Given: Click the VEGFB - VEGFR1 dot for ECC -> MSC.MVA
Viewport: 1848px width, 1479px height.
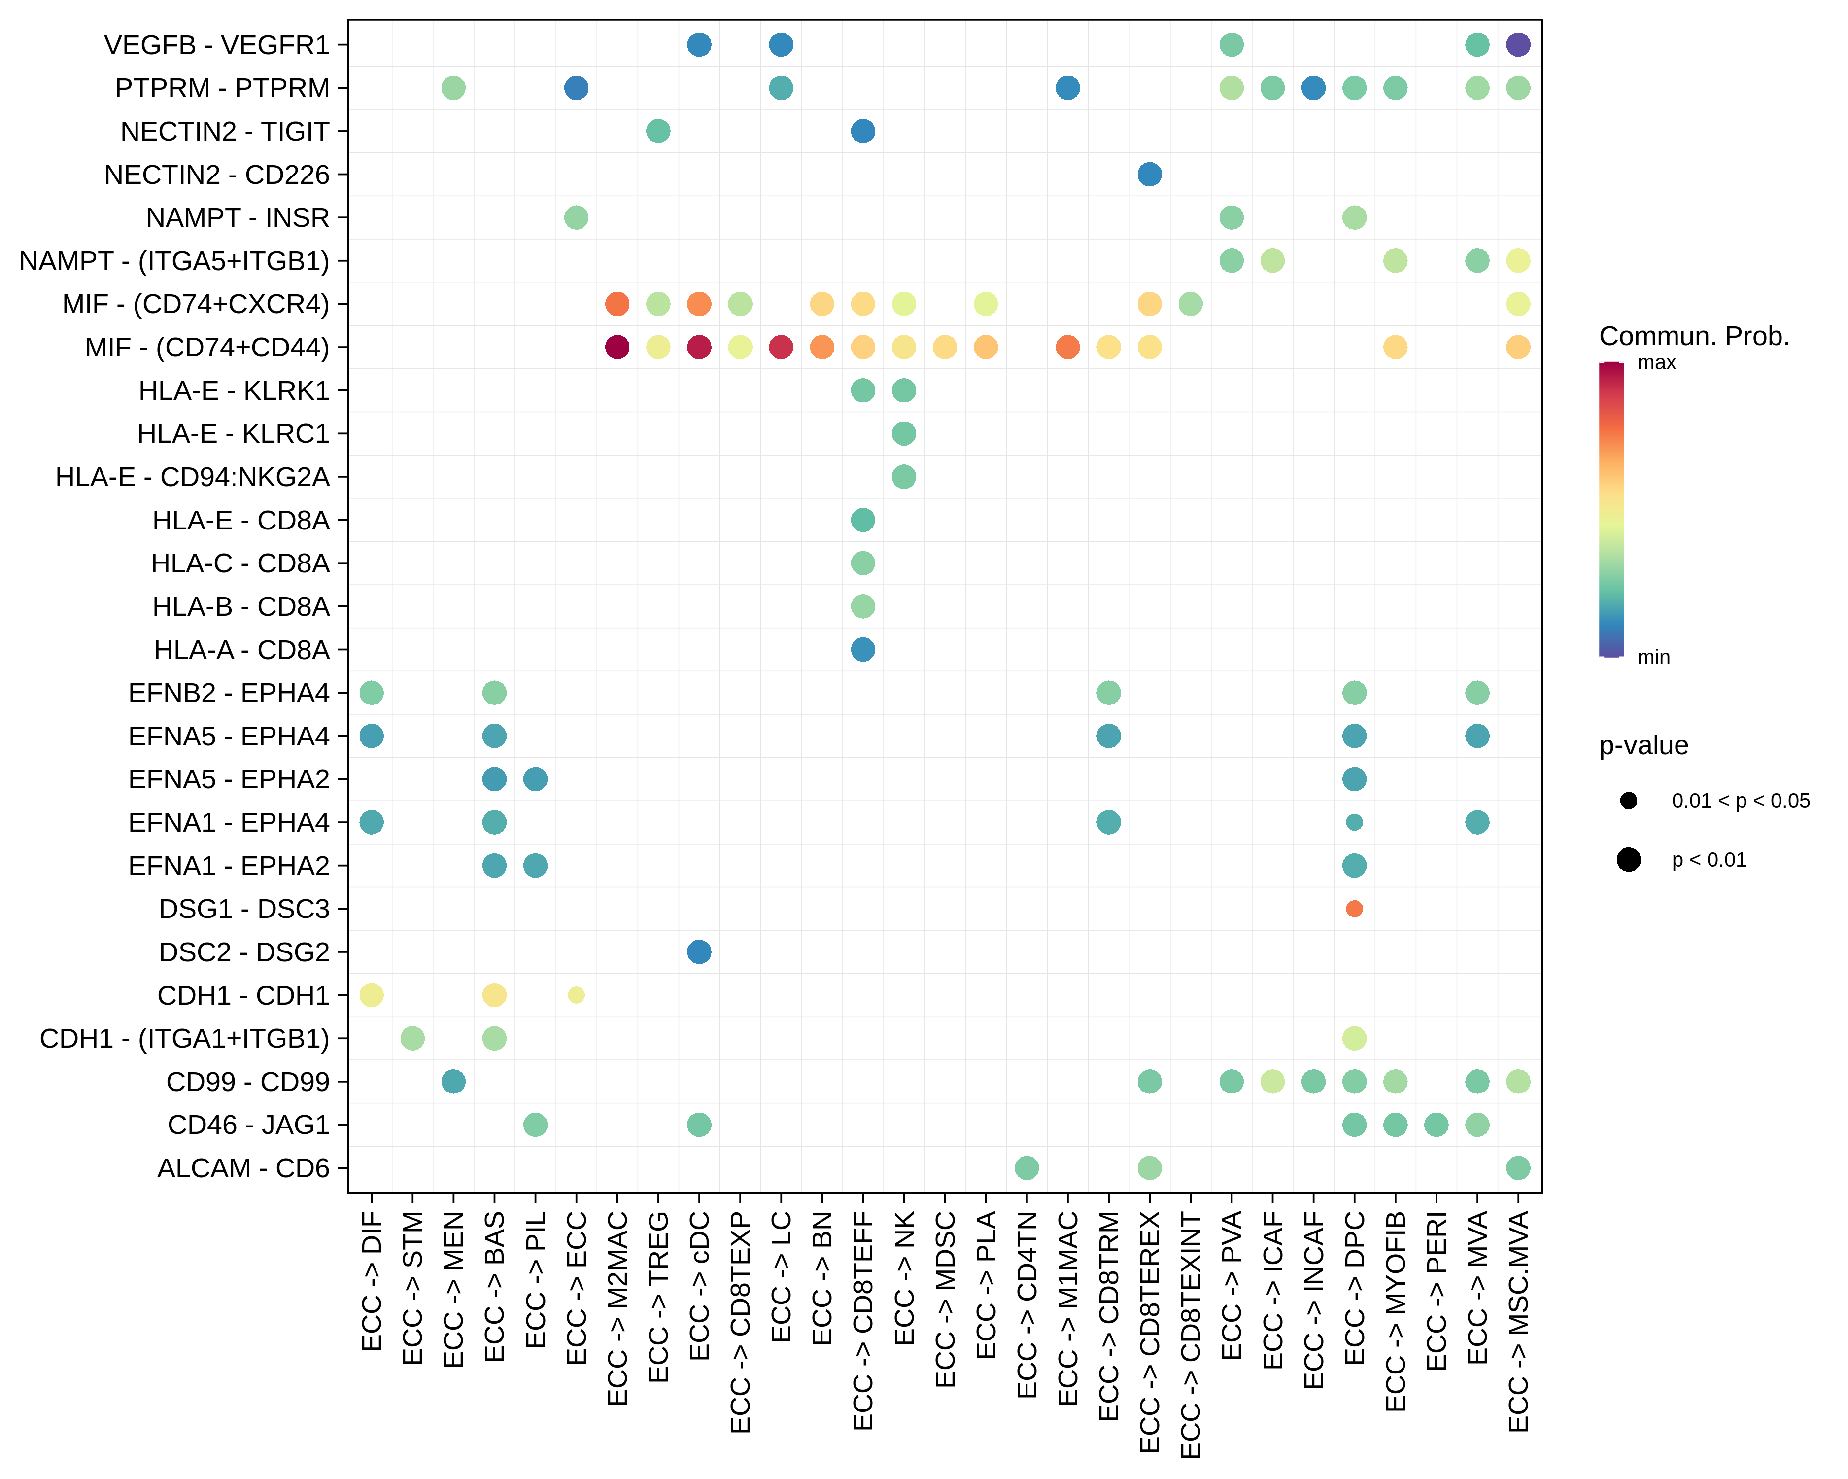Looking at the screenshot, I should [x=1517, y=44].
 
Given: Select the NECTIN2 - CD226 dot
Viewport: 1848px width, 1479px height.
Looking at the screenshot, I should [x=1149, y=174].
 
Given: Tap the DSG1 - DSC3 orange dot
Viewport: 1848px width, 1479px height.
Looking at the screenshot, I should [x=1354, y=909].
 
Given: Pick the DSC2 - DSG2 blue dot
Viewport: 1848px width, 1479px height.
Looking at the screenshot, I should [x=699, y=951].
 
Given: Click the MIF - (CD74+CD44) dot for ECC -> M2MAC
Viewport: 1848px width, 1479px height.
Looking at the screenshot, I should [x=617, y=347].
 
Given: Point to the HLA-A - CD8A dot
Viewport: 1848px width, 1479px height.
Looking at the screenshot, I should [x=863, y=650].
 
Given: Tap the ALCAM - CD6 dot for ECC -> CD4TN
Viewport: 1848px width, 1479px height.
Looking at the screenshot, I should [x=1027, y=1168].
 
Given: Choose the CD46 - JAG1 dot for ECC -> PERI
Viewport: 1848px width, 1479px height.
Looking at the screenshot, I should [x=1437, y=1124].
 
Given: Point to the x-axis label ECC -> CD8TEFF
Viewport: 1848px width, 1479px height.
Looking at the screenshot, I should [x=863, y=1320].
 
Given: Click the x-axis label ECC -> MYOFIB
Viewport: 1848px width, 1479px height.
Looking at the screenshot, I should [x=1396, y=1312].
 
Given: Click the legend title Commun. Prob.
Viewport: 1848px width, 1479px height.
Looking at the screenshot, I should [x=1694, y=336].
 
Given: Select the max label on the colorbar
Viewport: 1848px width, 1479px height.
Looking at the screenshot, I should [x=1656, y=363].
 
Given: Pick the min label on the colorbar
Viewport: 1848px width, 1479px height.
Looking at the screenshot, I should [x=1653, y=658].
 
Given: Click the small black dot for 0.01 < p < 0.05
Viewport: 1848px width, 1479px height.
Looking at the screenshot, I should [x=1629, y=801].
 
